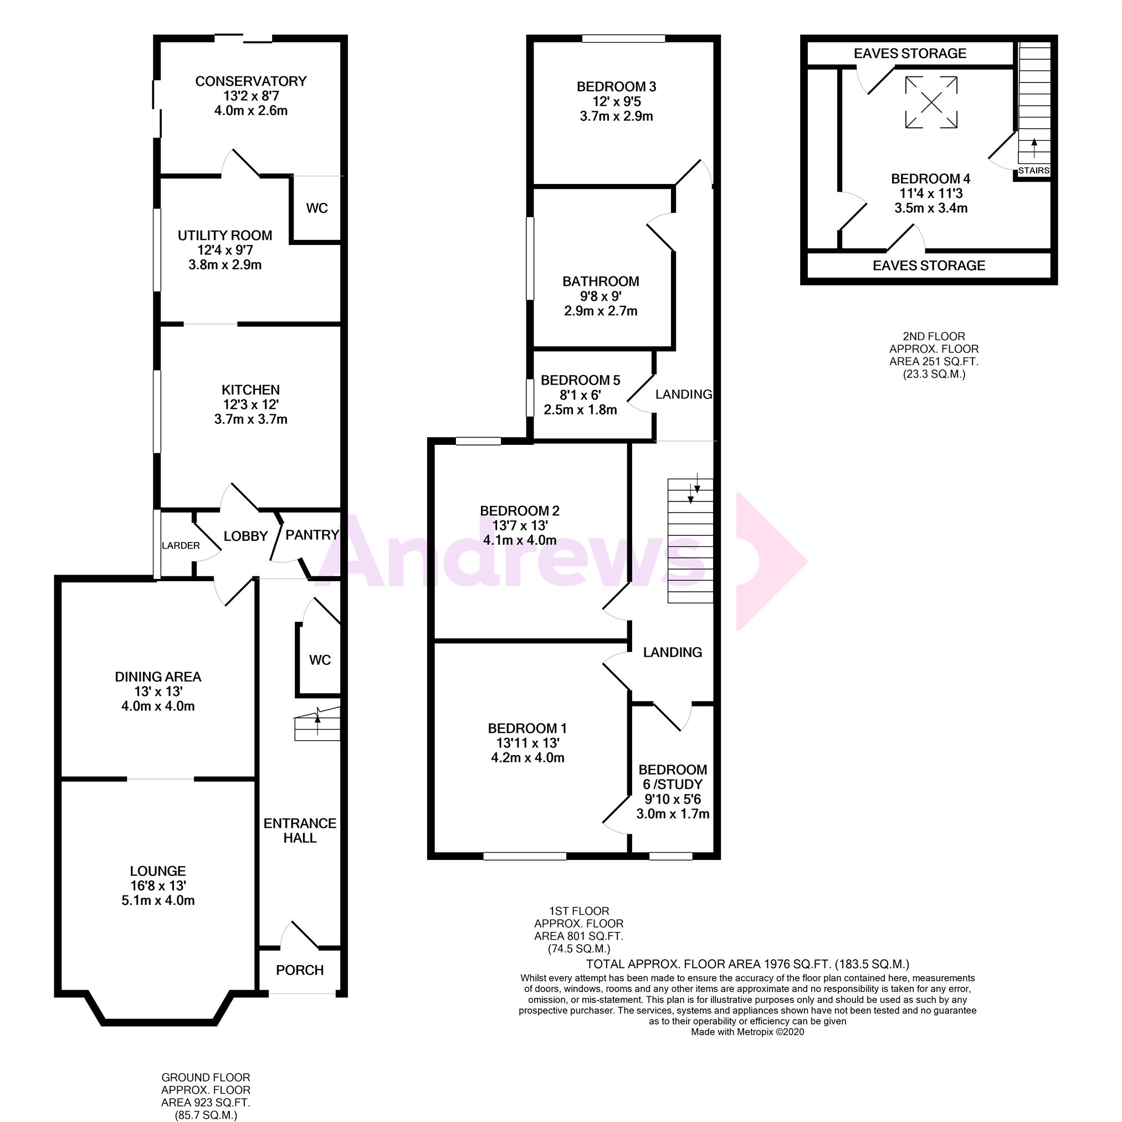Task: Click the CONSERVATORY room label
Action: (250, 81)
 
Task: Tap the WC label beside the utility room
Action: (316, 208)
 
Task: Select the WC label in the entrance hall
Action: (319, 660)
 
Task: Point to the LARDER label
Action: (181, 545)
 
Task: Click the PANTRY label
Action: (312, 535)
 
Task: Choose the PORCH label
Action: (300, 970)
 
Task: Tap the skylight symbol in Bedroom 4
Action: (931, 103)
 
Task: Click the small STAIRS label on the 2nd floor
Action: (1034, 170)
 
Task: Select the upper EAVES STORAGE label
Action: (909, 53)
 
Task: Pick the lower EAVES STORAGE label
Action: (929, 265)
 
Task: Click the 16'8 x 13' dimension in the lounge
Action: (157, 885)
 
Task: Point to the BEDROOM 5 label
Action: (580, 381)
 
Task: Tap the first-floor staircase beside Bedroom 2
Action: (690, 540)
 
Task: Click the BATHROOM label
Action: (601, 281)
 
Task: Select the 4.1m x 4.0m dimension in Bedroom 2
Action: (520, 540)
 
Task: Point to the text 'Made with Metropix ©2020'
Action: (747, 1032)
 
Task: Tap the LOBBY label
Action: (245, 536)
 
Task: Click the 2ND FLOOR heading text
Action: (934, 336)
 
